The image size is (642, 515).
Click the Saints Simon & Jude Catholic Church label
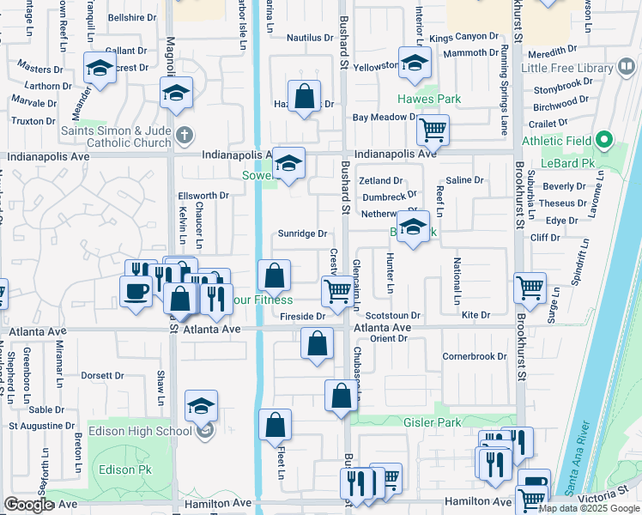[118, 137]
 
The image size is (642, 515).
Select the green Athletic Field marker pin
[604, 138]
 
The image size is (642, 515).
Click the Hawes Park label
[429, 99]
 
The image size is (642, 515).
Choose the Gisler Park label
[433, 422]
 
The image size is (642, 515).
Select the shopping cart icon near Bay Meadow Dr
[433, 131]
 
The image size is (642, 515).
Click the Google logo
[29, 505]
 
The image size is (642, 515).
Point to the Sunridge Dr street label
[302, 233]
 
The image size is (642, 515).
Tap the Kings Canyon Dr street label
[463, 38]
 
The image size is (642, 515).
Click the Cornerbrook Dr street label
[475, 356]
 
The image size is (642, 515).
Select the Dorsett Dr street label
[102, 375]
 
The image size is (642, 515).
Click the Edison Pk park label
[124, 470]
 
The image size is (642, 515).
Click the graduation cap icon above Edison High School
[201, 406]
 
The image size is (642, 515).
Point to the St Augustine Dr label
[42, 426]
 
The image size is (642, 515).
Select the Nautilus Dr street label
[310, 38]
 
